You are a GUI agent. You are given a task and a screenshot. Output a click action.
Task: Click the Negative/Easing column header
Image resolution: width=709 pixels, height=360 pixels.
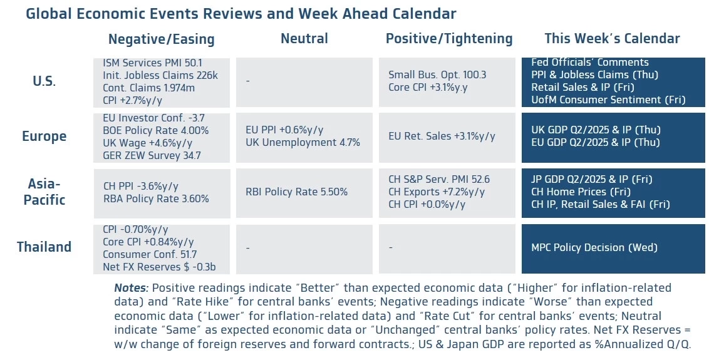coord(161,39)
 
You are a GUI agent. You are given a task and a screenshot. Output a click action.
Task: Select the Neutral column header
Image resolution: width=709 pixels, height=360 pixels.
coord(304,39)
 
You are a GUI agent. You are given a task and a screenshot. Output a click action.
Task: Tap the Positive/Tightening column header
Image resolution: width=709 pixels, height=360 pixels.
coord(448,39)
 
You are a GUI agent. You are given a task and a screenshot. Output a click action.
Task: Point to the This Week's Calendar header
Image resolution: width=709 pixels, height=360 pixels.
coord(612,39)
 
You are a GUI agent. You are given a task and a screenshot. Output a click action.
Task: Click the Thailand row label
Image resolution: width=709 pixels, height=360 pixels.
coord(44,247)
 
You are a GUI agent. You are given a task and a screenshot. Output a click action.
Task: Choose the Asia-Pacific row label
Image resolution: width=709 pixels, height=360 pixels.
coord(44,192)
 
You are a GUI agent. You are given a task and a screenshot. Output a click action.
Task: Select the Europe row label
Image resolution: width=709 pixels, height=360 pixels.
coord(44,136)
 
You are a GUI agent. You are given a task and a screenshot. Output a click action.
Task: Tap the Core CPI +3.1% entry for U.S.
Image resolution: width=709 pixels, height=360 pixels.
coord(428,87)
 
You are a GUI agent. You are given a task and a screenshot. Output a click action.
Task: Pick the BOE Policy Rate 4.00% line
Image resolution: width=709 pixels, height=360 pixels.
coord(155,130)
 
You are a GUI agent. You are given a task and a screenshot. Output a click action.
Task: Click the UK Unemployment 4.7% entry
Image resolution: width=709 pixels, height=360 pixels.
coord(303,142)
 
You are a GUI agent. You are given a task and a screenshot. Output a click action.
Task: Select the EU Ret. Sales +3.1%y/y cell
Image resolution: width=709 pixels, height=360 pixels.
coord(442,136)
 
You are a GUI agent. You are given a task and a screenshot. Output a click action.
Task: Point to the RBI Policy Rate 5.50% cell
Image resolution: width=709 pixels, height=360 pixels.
coord(297,192)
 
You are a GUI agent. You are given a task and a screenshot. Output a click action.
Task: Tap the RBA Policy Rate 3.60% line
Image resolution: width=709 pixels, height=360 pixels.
coord(156,198)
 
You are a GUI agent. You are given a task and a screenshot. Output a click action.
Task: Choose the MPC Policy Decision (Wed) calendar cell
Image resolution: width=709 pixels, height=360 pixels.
coord(594,247)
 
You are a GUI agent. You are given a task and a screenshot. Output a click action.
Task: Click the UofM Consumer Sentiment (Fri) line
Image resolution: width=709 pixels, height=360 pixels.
coord(608,100)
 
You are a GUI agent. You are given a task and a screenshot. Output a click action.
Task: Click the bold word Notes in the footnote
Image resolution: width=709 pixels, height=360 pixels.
coord(131,288)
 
